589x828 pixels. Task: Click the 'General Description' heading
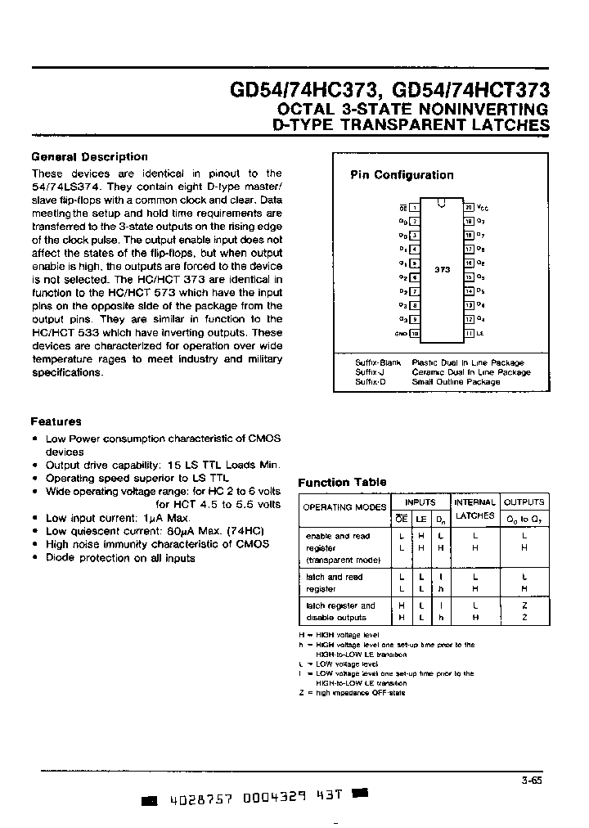(89, 156)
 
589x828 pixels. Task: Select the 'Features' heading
(56, 421)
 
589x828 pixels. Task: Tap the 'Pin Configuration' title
(402, 175)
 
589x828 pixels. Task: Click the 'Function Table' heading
(342, 482)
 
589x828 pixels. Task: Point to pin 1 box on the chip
(415, 208)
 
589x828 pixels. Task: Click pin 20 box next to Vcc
(470, 208)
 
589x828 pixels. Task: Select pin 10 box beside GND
(415, 333)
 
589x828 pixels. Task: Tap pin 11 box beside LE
(470, 333)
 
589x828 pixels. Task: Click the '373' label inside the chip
(442, 269)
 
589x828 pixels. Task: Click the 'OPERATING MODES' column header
(344, 507)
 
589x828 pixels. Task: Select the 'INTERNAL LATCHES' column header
(474, 508)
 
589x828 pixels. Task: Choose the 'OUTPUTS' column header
(524, 502)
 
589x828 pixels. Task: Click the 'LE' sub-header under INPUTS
(420, 519)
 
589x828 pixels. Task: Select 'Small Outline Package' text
(456, 382)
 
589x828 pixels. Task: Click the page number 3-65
(531, 780)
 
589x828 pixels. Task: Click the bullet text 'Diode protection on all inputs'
(120, 558)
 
